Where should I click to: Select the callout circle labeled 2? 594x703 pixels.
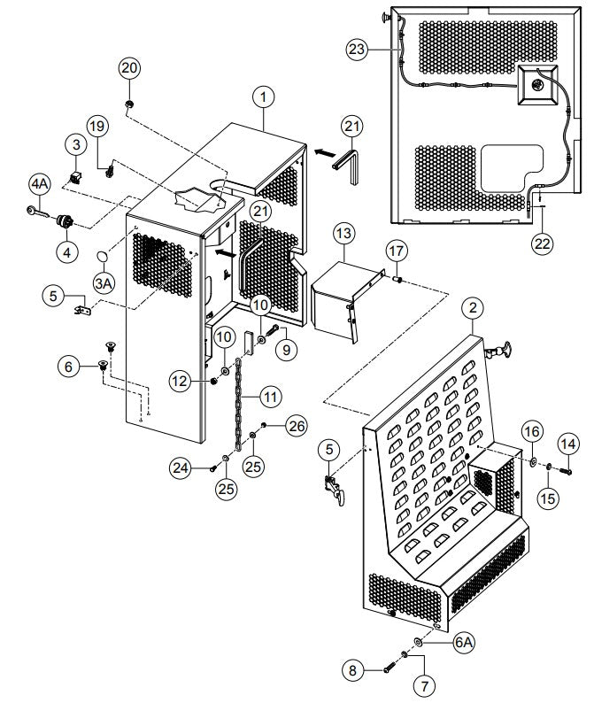point(474,308)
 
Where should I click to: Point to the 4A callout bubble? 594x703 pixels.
point(39,184)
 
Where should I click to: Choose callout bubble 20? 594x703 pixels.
point(129,68)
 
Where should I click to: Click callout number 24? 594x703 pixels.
point(181,465)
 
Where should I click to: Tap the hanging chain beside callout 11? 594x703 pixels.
point(236,398)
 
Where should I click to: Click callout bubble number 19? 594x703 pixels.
point(96,124)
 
